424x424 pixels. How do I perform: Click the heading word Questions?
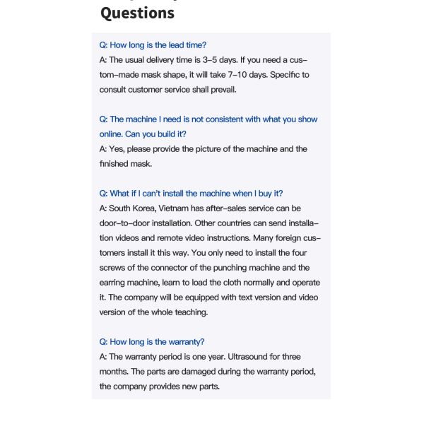pos(137,13)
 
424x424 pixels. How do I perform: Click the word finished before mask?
pos(115,163)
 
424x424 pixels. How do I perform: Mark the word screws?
pos(112,267)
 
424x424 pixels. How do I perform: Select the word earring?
pos(114,282)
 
